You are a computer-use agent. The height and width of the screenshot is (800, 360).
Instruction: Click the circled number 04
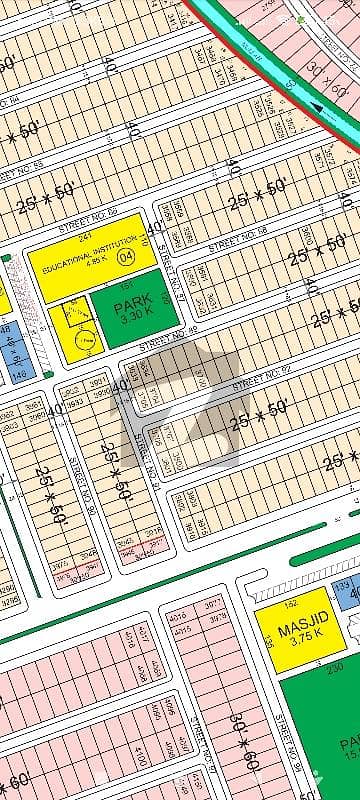(125, 256)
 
